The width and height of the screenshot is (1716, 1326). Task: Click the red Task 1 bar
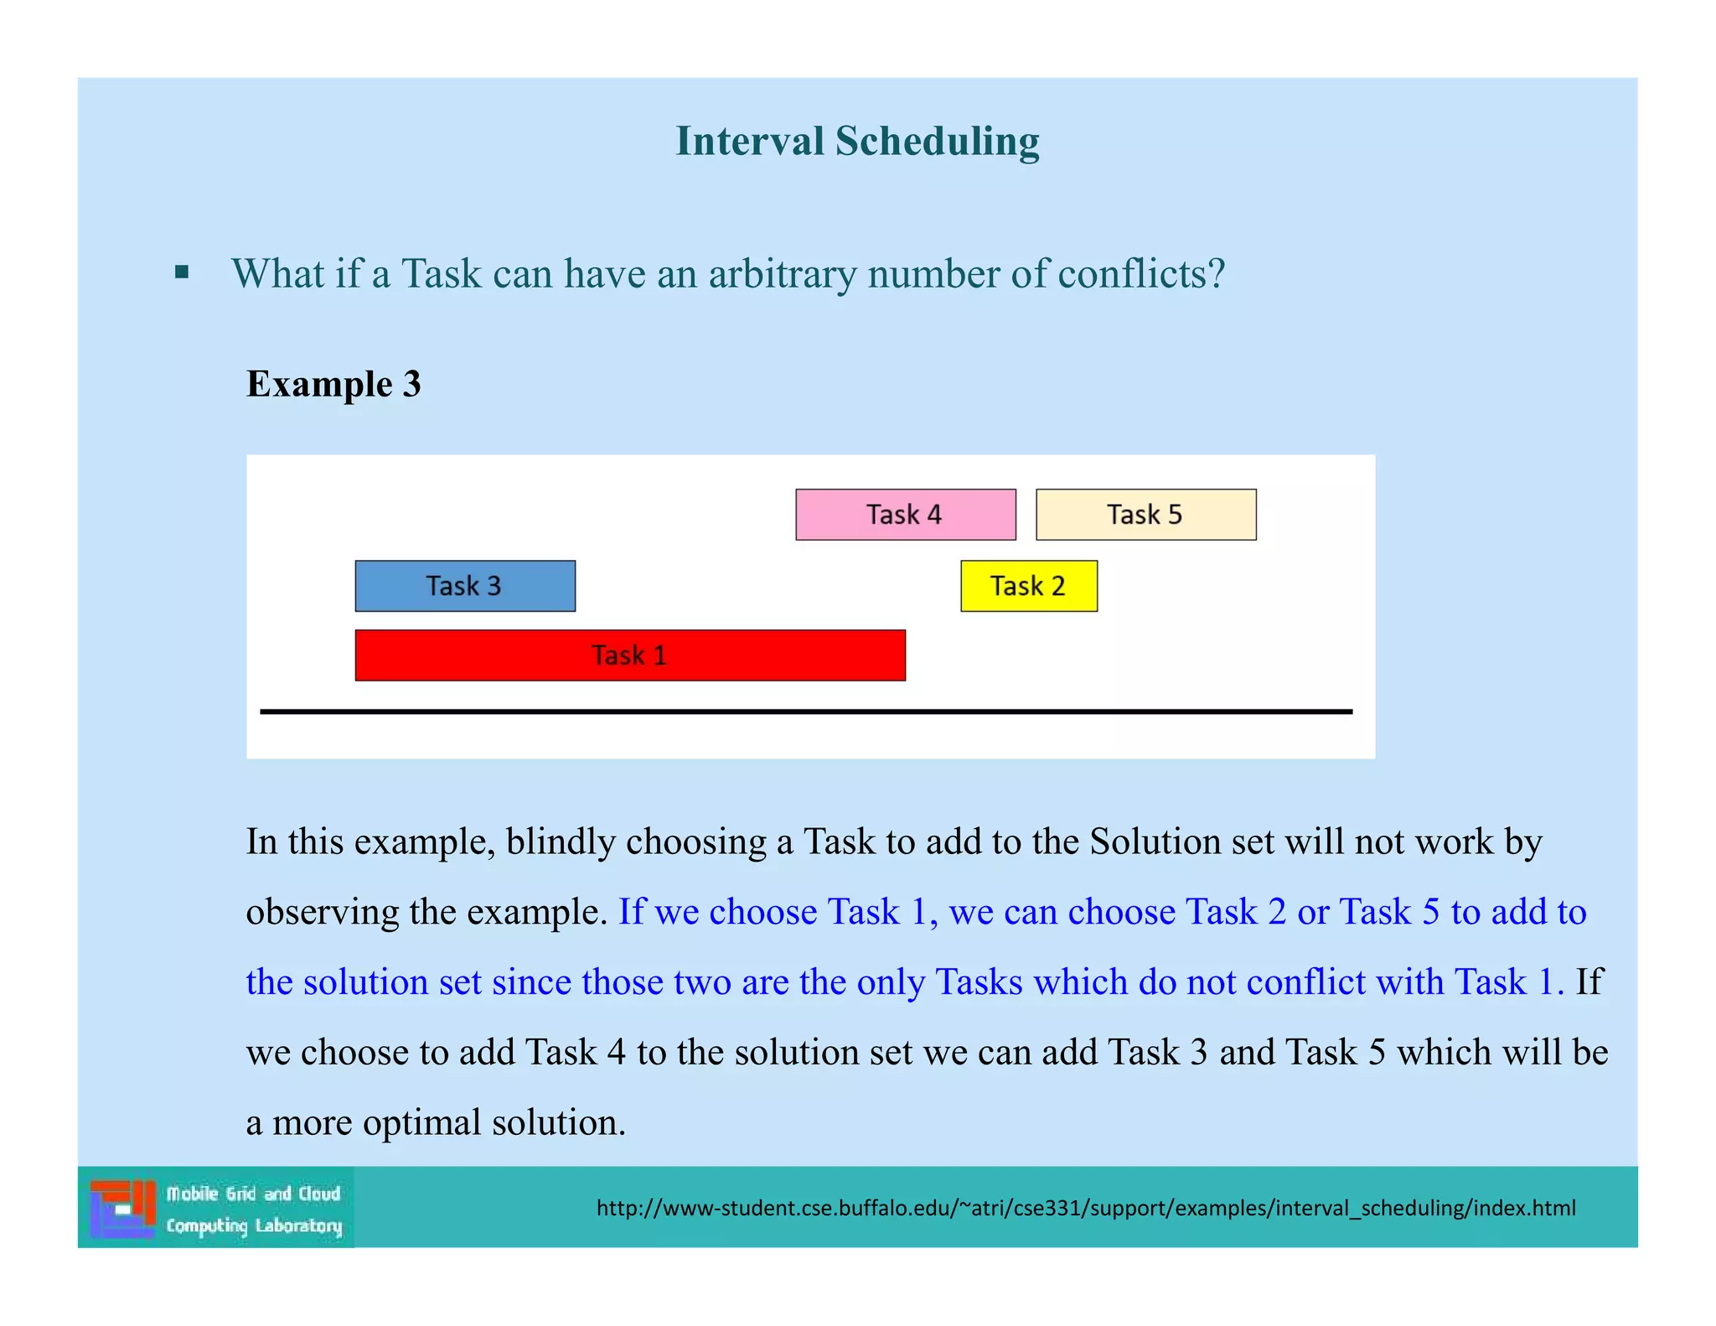pos(630,655)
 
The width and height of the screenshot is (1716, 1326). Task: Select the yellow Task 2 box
pos(1028,586)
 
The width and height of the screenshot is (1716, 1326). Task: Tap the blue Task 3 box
pos(465,586)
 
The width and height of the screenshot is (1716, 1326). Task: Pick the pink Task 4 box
pos(905,515)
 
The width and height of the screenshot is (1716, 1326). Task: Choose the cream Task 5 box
pos(1145,515)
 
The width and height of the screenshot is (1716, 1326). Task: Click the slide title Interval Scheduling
pos(857,141)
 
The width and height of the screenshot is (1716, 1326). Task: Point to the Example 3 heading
pos(333,384)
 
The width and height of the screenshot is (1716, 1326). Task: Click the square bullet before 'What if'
pos(182,272)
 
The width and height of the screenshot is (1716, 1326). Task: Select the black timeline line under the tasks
pos(806,712)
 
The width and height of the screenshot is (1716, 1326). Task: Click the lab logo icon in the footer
pos(122,1208)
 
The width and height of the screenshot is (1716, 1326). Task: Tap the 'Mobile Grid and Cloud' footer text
pos(253,1193)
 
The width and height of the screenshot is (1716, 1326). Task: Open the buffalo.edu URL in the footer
pos(1086,1208)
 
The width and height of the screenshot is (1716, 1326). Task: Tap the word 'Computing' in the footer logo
pos(207,1226)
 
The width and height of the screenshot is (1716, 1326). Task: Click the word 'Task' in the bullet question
pos(442,273)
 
